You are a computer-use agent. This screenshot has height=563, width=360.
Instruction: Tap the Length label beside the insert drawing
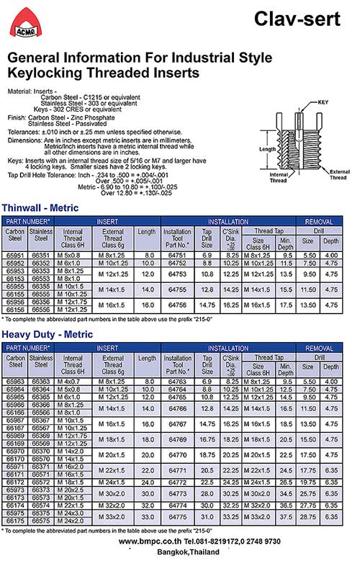tap(267, 149)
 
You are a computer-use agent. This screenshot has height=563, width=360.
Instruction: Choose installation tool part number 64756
tap(177, 305)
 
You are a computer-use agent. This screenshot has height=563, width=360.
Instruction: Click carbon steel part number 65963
tap(15, 381)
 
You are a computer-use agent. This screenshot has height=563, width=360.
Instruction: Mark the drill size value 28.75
tap(308, 517)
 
